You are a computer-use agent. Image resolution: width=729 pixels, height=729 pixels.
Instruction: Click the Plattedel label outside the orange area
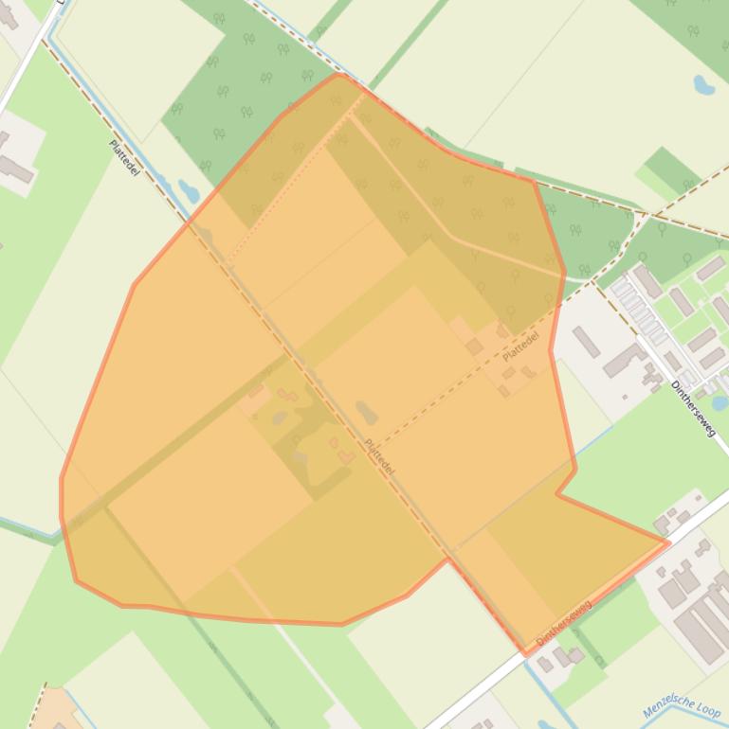tap(124, 157)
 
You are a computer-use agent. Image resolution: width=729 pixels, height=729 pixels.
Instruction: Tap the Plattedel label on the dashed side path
tap(520, 347)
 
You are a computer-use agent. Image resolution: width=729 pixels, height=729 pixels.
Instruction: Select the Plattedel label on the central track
tap(379, 457)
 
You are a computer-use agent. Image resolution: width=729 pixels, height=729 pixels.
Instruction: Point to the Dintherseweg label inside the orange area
tap(563, 623)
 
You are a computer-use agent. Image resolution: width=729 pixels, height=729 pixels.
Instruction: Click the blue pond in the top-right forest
tap(703, 85)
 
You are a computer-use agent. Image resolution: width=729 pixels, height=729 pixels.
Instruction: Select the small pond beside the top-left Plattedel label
tap(189, 190)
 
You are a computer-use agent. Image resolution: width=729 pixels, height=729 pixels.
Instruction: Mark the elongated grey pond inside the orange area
tap(366, 413)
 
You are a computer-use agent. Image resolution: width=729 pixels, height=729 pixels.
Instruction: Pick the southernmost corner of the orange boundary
tap(526, 653)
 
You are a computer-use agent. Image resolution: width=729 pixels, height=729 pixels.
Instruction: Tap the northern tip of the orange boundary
tap(338, 74)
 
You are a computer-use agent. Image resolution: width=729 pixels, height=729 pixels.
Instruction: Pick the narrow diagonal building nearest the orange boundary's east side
tap(585, 342)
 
